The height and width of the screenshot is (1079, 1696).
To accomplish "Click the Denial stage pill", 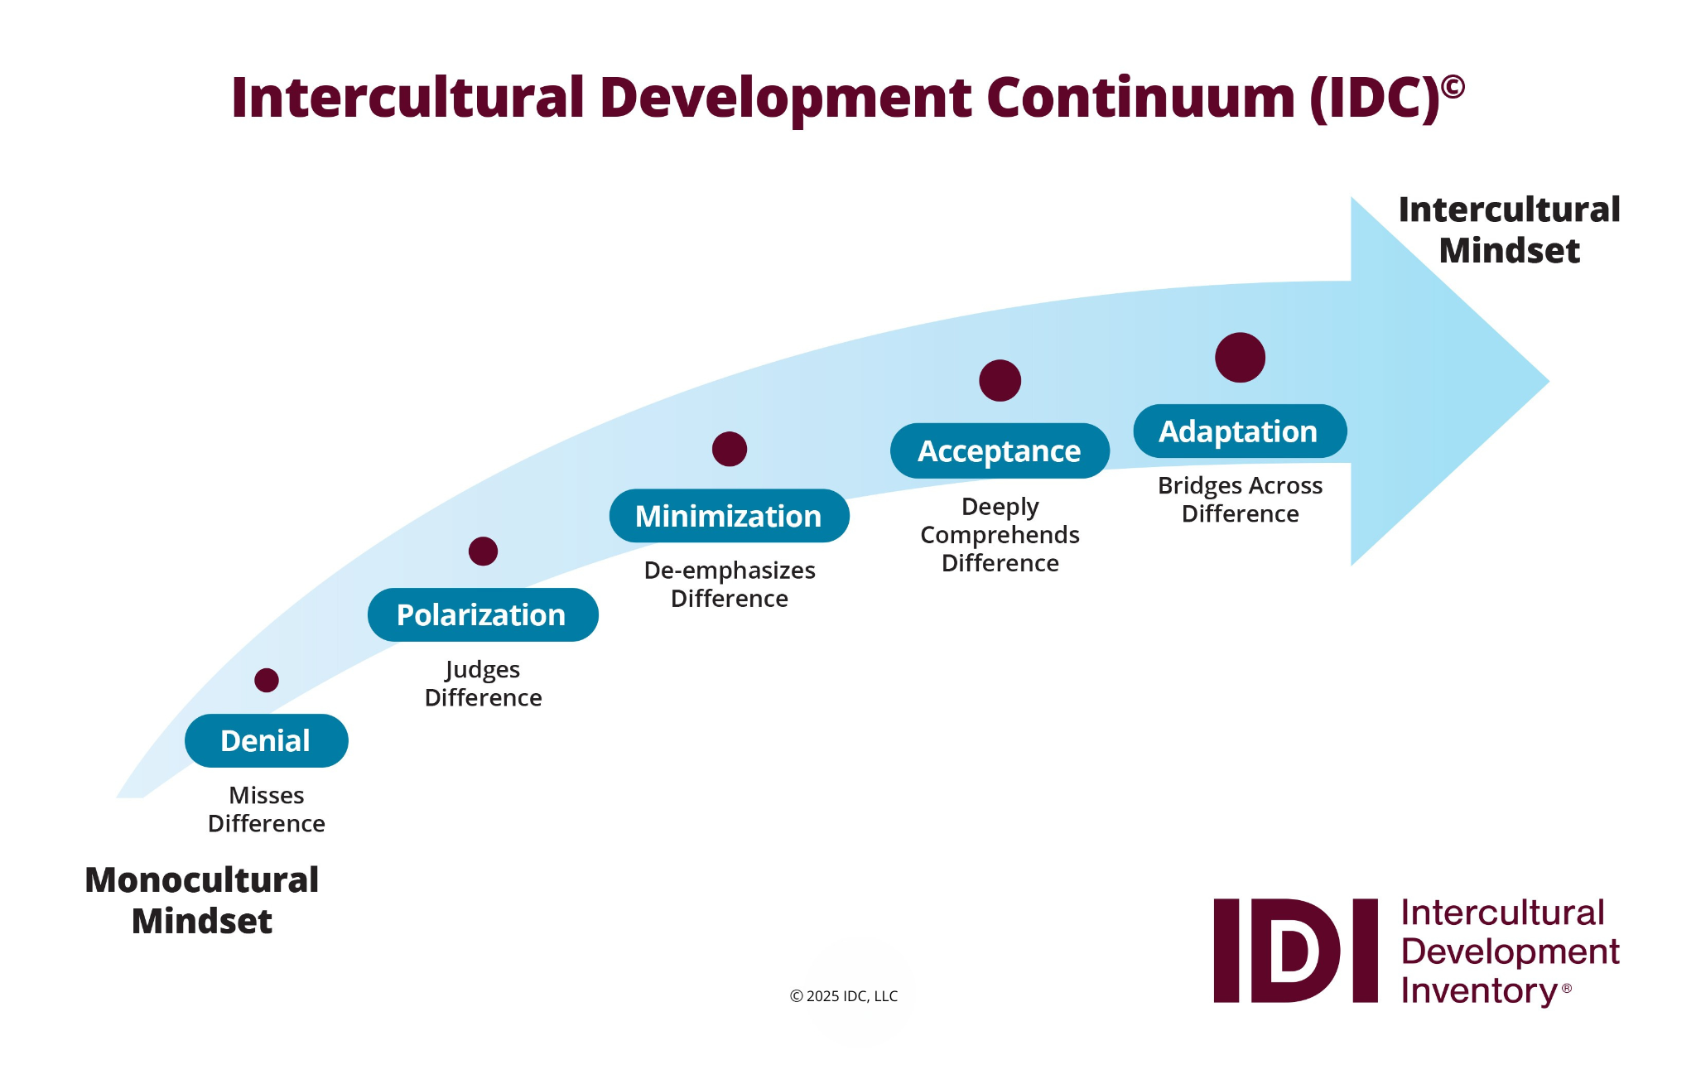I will [266, 740].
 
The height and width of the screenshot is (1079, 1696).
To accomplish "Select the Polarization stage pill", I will [482, 614].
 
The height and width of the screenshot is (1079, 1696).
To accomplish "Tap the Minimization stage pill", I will [729, 516].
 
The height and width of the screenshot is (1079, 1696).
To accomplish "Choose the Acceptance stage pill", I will [1000, 450].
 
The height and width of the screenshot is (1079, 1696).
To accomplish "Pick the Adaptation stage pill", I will [1239, 431].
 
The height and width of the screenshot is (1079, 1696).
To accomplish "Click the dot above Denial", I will [267, 680].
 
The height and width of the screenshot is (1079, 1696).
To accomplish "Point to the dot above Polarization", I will [483, 551].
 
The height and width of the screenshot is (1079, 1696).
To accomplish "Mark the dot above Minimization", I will [730, 449].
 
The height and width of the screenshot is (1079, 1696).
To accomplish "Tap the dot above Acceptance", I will [1000, 380].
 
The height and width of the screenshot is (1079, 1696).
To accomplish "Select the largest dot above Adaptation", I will [1240, 358].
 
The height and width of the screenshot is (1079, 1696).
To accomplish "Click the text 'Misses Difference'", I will [267, 809].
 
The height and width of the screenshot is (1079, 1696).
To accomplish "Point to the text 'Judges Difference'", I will [483, 683].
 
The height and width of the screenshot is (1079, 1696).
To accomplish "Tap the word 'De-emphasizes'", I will [730, 571].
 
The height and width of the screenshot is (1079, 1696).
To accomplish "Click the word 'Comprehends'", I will [1000, 535].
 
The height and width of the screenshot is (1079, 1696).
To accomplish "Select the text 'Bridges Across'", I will [1240, 485].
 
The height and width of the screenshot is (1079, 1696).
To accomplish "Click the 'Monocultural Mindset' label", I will [202, 900].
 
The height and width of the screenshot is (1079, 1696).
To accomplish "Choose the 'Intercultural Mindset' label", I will [1509, 229].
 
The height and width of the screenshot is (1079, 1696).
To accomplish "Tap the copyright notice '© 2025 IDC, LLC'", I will [844, 996].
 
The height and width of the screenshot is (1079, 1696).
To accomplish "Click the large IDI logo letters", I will [1295, 951].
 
